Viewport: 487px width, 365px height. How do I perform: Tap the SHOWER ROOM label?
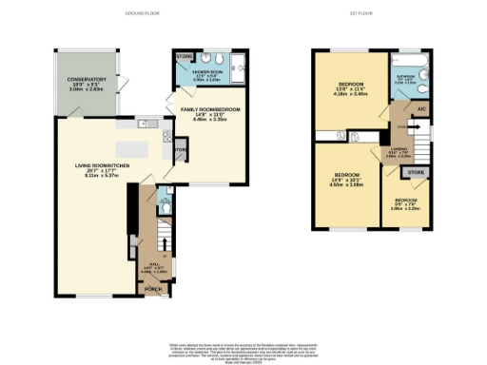206,72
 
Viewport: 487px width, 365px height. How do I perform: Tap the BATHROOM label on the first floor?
406,79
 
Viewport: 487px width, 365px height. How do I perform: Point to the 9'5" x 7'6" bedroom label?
406,201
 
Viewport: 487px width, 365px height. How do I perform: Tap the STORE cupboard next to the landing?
416,172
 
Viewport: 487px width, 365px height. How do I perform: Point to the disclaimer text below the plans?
243,348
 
